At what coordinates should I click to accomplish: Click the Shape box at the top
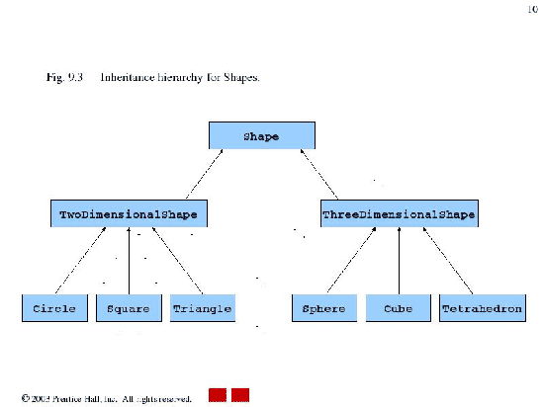click(261, 136)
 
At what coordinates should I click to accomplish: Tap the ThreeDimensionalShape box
click(399, 213)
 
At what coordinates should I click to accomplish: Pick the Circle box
click(54, 308)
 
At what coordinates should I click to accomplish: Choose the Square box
click(129, 308)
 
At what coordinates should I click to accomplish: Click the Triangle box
click(202, 308)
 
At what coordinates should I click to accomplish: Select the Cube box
click(398, 308)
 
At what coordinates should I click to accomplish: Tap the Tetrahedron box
click(482, 308)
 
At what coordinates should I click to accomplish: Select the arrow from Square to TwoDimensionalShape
click(129, 261)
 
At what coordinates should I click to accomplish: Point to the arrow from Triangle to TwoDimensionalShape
click(179, 261)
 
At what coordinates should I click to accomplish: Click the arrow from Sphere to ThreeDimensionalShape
click(349, 261)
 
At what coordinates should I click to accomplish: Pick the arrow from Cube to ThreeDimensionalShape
click(399, 261)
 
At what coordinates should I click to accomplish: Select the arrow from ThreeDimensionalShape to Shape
click(319, 175)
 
